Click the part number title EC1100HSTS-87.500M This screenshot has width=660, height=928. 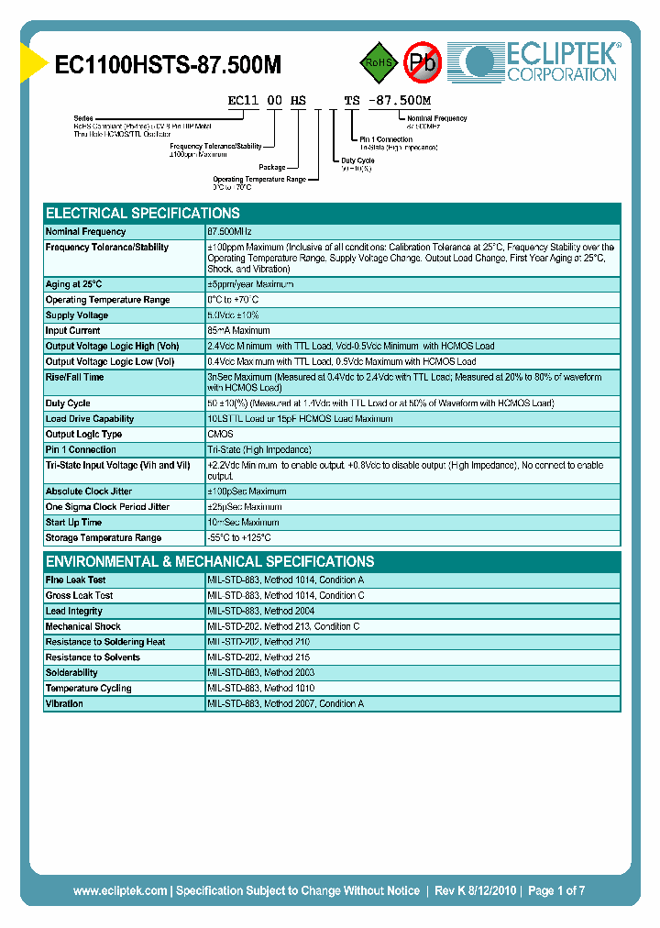point(169,64)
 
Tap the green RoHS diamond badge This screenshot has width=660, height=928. point(379,62)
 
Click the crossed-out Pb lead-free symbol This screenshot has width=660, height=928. point(423,62)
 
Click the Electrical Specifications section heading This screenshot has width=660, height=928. point(143,213)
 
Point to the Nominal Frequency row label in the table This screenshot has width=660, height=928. point(86,232)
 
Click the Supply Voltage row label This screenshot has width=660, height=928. point(77,315)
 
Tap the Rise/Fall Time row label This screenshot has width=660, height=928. point(75,377)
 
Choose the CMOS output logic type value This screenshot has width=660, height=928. point(221,435)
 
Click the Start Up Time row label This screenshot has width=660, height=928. point(74,523)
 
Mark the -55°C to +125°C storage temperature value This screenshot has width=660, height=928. point(239,538)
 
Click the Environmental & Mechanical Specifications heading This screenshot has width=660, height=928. point(210,561)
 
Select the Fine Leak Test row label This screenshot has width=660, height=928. point(76,580)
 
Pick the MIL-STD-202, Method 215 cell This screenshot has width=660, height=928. point(258,657)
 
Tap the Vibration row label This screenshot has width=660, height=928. point(64,704)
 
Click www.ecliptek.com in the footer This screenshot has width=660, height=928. point(119,890)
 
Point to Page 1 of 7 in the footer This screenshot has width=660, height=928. point(556,890)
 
